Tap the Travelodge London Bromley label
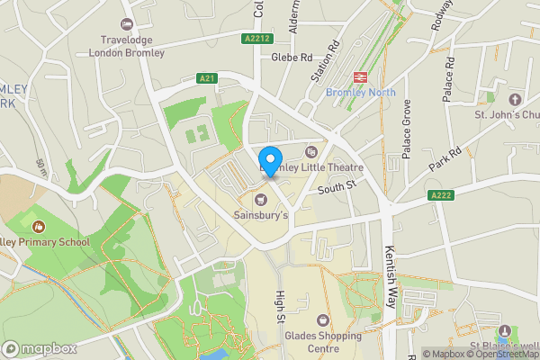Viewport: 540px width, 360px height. [x=127, y=46]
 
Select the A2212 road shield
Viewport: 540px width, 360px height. [x=256, y=39]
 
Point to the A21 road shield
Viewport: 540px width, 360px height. [x=209, y=79]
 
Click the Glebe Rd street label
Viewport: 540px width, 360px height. [x=291, y=56]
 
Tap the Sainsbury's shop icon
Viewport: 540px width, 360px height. [x=261, y=200]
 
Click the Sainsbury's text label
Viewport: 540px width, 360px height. [x=261, y=216]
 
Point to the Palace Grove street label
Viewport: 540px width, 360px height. [x=407, y=130]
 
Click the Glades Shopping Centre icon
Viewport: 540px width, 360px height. [x=323, y=319]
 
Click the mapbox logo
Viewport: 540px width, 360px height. [x=40, y=348]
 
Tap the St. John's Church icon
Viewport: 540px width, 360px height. [x=515, y=99]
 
